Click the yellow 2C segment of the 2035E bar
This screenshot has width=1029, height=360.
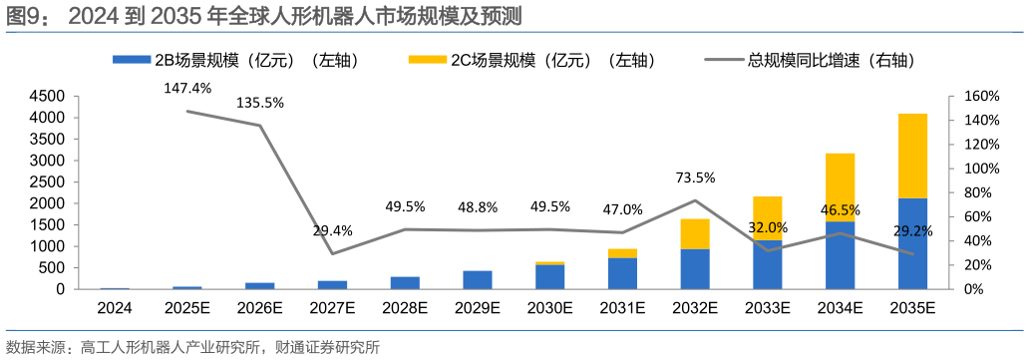point(911,156)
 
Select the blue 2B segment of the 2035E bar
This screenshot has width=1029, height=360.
point(911,243)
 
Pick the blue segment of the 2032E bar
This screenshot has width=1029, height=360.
point(695,268)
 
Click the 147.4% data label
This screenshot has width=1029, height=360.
point(187,88)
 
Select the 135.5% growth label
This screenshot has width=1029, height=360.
point(260,102)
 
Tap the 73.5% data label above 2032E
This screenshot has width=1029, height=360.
point(695,178)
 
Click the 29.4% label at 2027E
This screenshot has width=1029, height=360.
point(332,230)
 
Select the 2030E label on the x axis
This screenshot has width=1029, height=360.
point(549,308)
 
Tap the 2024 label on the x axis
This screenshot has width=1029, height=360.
point(115,308)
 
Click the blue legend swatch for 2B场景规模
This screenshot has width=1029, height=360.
point(131,60)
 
